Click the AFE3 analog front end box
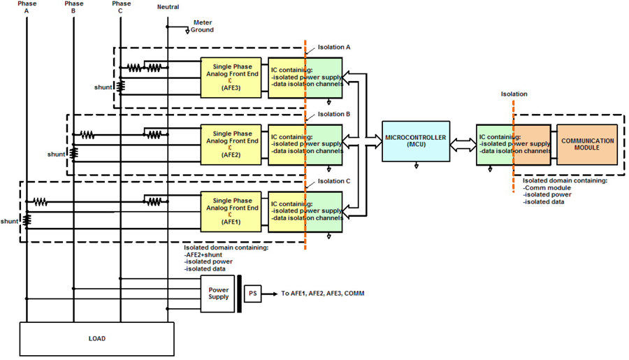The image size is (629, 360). [x=231, y=78]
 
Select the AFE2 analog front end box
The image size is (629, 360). [x=231, y=145]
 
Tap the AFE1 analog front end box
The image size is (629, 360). [x=231, y=212]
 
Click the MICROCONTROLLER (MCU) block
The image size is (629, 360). [x=416, y=141]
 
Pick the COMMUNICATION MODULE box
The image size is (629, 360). [x=587, y=145]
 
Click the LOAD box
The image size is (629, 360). [x=97, y=339]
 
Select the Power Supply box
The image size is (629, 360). [x=218, y=294]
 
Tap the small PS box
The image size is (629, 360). [x=253, y=294]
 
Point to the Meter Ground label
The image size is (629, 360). [x=202, y=26]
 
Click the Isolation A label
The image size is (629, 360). [x=334, y=47]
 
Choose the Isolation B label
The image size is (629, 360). [x=334, y=114]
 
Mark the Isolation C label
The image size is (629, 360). [x=334, y=181]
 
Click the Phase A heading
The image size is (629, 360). [x=27, y=7]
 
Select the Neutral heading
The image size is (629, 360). [x=168, y=7]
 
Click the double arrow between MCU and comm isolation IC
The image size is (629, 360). [x=463, y=145]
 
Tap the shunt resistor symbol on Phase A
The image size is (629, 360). [x=27, y=220]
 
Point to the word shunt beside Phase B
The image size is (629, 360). [x=56, y=154]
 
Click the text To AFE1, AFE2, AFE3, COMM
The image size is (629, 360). [x=322, y=294]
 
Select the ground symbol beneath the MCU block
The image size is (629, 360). [x=417, y=166]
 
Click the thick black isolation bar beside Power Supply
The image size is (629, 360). [x=240, y=294]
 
